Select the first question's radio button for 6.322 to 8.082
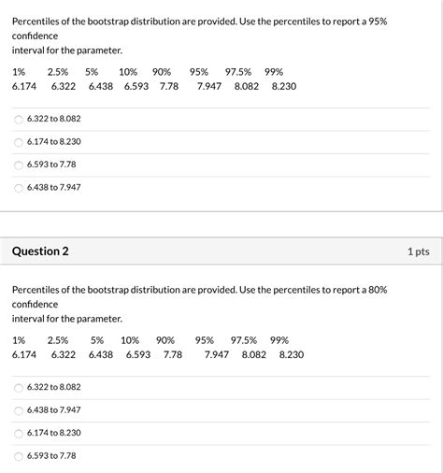(x=19, y=119)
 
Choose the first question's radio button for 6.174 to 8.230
(x=19, y=141)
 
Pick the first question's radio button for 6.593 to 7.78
(x=19, y=164)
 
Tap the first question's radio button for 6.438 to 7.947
(x=19, y=187)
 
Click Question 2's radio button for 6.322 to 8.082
(x=19, y=387)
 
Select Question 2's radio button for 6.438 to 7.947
(x=19, y=409)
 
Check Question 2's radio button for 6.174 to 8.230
(x=19, y=433)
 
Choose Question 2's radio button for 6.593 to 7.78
(x=19, y=455)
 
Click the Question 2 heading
(x=40, y=251)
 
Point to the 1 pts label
(x=418, y=251)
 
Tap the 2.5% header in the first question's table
(x=58, y=71)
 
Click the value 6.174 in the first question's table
(x=24, y=86)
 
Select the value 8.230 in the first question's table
(x=284, y=86)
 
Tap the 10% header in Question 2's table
(x=130, y=340)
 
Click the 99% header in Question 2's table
(x=279, y=340)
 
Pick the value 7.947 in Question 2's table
(x=217, y=355)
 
